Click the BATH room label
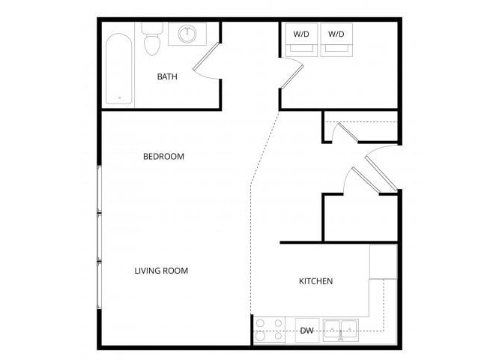167,77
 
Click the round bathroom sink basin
188,34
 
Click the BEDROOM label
163,157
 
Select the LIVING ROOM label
161,271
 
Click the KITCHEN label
315,281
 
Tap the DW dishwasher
306,330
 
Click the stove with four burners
269,330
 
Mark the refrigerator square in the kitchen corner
383,262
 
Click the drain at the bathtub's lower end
118,97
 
